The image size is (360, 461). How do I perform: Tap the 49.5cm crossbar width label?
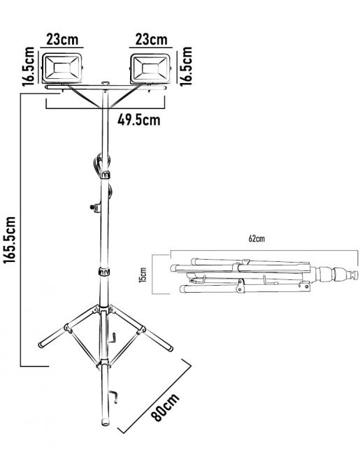(x=139, y=120)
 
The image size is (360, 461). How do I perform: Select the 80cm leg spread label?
(x=165, y=407)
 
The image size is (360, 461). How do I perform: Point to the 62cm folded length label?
(x=257, y=238)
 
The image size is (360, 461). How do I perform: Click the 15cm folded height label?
(x=143, y=275)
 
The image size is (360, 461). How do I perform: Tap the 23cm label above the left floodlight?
(x=62, y=39)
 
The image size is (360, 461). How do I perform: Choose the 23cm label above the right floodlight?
(x=151, y=39)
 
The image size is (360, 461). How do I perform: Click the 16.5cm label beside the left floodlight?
(x=29, y=66)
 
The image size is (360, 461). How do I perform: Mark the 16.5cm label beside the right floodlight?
(x=186, y=66)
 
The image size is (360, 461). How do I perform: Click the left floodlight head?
(x=62, y=68)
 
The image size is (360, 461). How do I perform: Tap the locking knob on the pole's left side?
(x=94, y=207)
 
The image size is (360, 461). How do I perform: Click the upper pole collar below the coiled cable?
(x=105, y=175)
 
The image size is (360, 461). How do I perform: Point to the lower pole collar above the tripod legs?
(x=104, y=272)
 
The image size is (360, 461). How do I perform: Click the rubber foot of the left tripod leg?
(x=41, y=345)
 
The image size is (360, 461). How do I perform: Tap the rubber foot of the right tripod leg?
(x=170, y=349)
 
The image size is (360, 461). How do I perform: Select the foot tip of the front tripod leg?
(x=105, y=423)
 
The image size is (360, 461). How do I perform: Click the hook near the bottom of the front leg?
(x=114, y=396)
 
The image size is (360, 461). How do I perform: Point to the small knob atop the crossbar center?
(x=105, y=84)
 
